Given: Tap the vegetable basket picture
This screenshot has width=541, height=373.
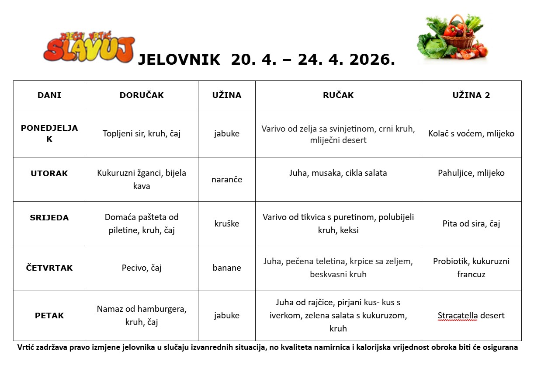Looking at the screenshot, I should pos(452,37).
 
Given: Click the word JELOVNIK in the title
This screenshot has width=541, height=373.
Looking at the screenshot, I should pos(179,60).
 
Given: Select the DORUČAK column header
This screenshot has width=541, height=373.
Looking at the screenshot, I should pos(142,95).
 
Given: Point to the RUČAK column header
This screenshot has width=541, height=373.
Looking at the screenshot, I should pos(338,95).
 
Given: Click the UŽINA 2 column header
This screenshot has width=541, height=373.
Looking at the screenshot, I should pos(471,95).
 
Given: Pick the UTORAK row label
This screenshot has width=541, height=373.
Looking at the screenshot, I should pos(49,173).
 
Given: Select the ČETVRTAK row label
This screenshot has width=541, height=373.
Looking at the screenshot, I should pos(49,268).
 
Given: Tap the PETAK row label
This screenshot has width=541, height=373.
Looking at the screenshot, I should pos(49,315).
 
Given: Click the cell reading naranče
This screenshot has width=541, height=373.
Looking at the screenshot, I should pos(227,179).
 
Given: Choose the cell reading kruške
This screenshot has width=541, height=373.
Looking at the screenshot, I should pos(227,223).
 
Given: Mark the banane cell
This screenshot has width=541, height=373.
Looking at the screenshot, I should pos(227,268).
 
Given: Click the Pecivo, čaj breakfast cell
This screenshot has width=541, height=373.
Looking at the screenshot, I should pos(142,268).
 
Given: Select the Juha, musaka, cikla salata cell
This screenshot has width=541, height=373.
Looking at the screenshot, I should pos(338,173).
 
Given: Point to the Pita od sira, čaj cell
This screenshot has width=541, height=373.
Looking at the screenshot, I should pos(471,223).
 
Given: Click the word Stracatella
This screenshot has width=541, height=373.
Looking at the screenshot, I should pos(458,315).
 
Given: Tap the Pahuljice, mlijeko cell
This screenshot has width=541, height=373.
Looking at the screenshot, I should pos(471,173).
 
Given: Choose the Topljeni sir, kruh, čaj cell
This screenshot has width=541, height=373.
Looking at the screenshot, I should pos(142,133).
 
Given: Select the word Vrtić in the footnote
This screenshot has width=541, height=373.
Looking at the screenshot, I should pos(27,348).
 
